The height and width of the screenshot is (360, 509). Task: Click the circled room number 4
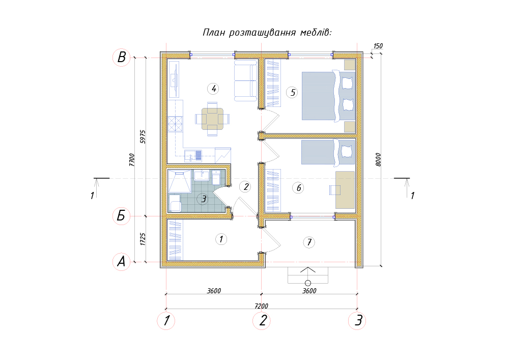click(213, 88)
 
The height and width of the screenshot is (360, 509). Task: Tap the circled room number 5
click(292, 93)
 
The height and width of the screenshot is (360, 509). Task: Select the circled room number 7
click(309, 242)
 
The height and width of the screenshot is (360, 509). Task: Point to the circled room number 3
click(203, 199)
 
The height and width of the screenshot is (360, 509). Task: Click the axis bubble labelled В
click(122, 58)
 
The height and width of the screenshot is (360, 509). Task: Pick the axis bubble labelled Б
click(122, 216)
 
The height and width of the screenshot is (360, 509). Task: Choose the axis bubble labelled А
click(122, 262)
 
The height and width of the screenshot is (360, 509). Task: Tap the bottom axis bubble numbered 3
click(357, 321)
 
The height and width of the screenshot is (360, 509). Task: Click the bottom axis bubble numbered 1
click(166, 321)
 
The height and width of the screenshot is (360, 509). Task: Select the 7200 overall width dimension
click(261, 306)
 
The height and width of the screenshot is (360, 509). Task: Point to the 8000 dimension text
click(378, 160)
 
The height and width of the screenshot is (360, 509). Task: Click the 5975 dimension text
click(143, 136)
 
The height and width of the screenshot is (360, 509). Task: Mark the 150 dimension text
click(378, 46)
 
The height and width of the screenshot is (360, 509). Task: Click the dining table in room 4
click(212, 119)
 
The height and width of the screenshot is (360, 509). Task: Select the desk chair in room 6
click(334, 190)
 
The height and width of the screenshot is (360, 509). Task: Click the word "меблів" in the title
click(316, 33)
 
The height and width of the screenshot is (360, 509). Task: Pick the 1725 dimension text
click(143, 239)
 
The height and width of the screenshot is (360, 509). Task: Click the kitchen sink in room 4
click(193, 156)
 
